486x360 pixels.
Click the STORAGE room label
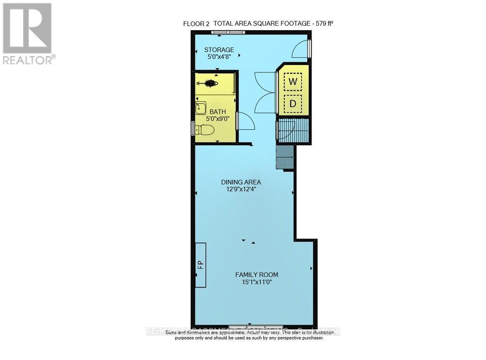[x=219, y=50]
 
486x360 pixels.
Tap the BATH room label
[x=218, y=112]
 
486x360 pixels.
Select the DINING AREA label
[x=238, y=182]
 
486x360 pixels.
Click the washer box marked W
[x=293, y=82]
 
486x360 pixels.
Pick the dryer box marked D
[x=293, y=103]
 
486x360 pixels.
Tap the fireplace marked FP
[x=200, y=265]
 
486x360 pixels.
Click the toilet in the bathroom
[x=206, y=130]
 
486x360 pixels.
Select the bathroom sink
[x=201, y=108]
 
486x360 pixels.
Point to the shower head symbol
[x=210, y=83]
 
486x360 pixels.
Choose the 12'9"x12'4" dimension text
[x=238, y=189]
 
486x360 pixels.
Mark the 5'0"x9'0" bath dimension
[x=218, y=120]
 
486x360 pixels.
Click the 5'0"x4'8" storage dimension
[x=219, y=57]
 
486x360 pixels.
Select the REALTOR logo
[x=28, y=34]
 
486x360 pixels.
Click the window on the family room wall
[x=256, y=326]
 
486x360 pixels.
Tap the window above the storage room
[x=228, y=33]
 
